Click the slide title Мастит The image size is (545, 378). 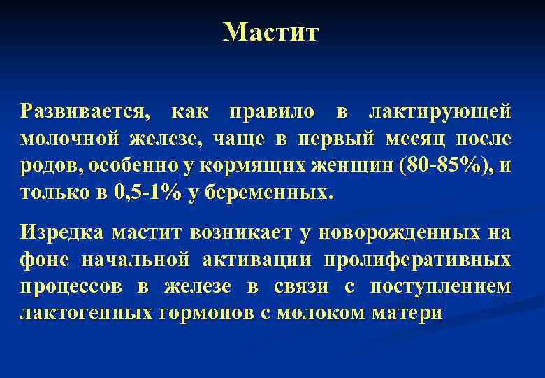[x=270, y=31]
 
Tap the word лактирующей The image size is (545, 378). [x=439, y=111]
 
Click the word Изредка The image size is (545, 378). [x=61, y=232]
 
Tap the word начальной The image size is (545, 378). [x=136, y=259]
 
